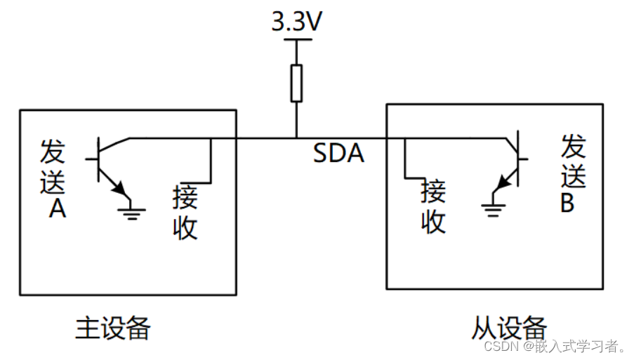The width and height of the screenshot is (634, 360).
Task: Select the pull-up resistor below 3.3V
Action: (x=296, y=84)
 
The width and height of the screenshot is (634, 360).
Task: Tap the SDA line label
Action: (x=338, y=153)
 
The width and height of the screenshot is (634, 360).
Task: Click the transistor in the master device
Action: (x=109, y=165)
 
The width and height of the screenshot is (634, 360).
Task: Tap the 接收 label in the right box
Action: (x=433, y=206)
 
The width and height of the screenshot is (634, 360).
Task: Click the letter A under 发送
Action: (x=58, y=208)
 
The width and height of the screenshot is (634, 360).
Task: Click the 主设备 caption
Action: (x=113, y=327)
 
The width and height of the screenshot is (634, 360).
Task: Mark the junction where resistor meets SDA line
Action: (x=296, y=138)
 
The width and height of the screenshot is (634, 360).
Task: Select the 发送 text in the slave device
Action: (x=574, y=162)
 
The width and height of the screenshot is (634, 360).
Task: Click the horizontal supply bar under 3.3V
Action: (x=296, y=40)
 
